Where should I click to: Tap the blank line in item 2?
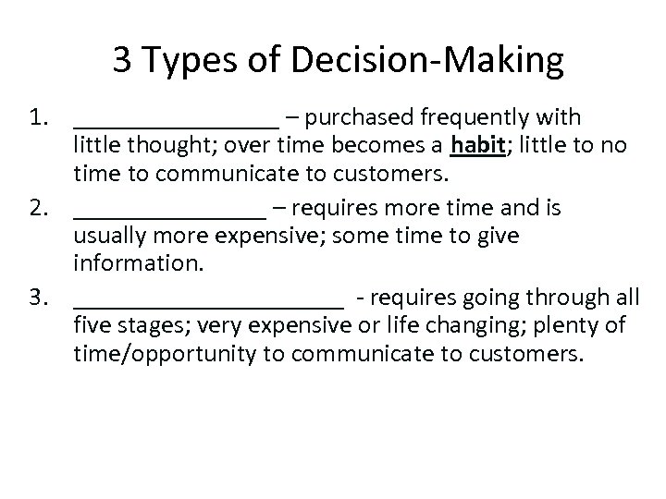pos(168,214)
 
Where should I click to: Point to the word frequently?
pos(474,117)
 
